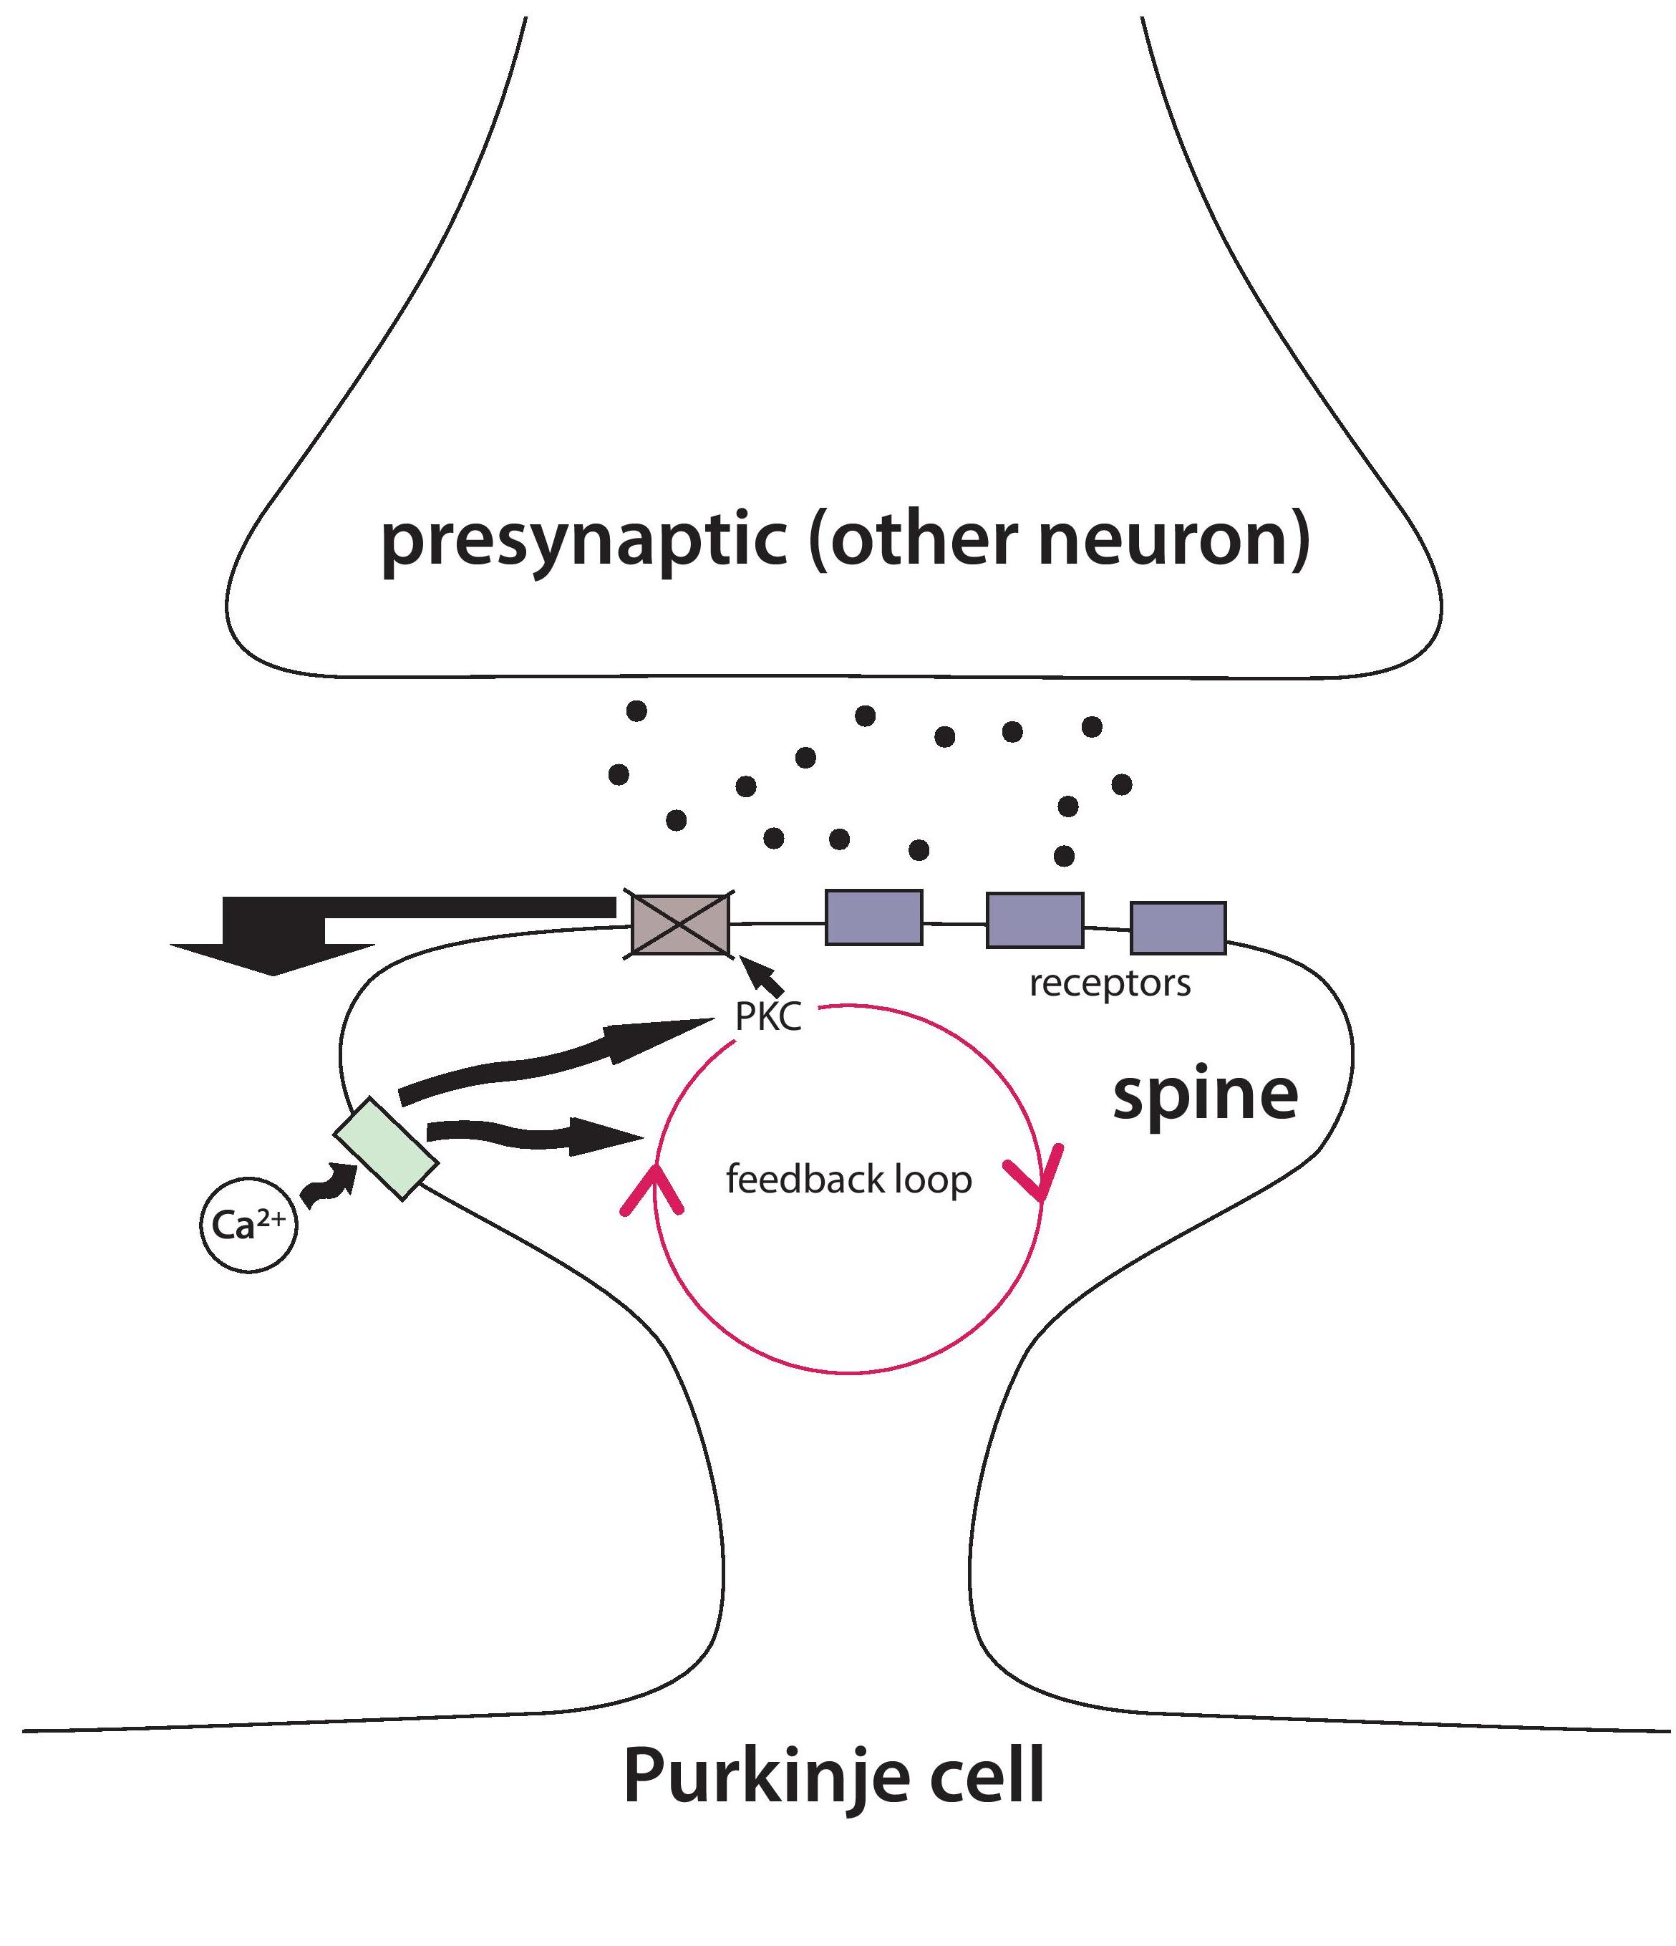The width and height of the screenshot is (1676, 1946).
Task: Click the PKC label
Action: [768, 1018]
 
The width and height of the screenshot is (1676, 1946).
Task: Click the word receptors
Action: [1110, 983]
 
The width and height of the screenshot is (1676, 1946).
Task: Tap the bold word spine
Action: [1205, 1096]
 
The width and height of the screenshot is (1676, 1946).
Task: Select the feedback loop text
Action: [848, 1179]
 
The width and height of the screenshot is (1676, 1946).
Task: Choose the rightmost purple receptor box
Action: [1178, 928]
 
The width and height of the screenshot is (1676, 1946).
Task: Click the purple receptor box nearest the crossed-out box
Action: [873, 917]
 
